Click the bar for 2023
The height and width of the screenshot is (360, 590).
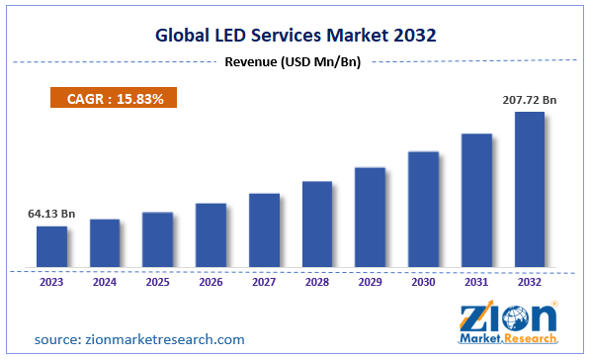click(51, 246)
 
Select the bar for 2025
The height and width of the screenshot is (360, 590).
click(157, 239)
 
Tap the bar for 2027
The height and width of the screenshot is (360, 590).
click(264, 229)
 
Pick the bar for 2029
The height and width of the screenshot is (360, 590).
click(370, 217)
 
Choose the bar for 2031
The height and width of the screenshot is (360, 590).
click(476, 200)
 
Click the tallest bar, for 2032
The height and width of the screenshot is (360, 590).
click(530, 189)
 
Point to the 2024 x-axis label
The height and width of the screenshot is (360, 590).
click(105, 282)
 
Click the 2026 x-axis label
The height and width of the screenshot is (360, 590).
click(211, 282)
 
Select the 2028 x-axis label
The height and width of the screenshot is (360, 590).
click(317, 282)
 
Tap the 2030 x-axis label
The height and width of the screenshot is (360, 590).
click(423, 282)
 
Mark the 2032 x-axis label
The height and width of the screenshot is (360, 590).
click(530, 282)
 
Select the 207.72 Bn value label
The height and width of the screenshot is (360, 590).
click(529, 99)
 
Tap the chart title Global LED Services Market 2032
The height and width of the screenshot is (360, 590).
click(295, 36)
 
